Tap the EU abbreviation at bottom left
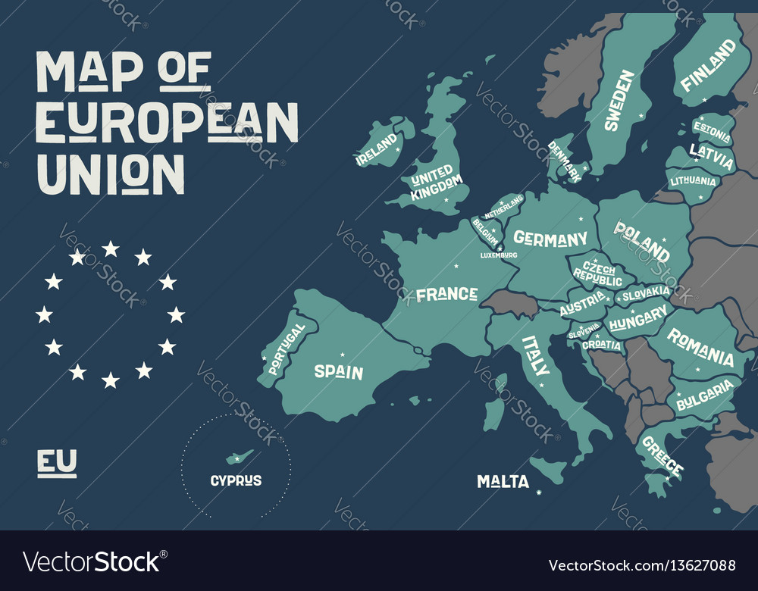click(57, 461)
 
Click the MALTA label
click(503, 481)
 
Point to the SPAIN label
click(339, 372)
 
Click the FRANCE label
click(446, 294)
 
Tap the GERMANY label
click(550, 239)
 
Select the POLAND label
click(641, 240)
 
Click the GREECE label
click(662, 456)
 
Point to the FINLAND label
click(708, 65)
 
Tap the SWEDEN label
click(619, 101)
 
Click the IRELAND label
click(377, 149)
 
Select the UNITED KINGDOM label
click(435, 182)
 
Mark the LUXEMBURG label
click(499, 255)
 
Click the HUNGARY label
click(637, 322)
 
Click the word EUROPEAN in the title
click(168, 121)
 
